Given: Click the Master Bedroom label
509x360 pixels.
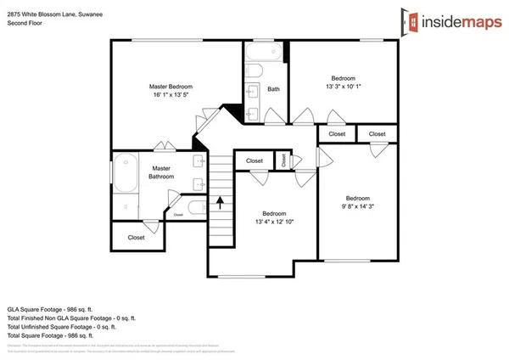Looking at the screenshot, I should [x=171, y=87].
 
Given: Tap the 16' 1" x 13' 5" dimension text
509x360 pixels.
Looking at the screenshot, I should [x=171, y=96].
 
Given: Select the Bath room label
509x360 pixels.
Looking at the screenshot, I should [x=273, y=89].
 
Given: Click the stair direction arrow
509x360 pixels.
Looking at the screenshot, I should [x=221, y=203].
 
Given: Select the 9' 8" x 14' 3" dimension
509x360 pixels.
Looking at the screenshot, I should [x=357, y=205].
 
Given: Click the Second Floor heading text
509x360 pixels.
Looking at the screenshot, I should [x=25, y=25].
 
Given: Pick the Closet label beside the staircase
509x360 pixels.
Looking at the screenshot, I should [x=255, y=160].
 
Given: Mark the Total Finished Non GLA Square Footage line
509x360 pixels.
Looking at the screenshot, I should [x=72, y=318].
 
